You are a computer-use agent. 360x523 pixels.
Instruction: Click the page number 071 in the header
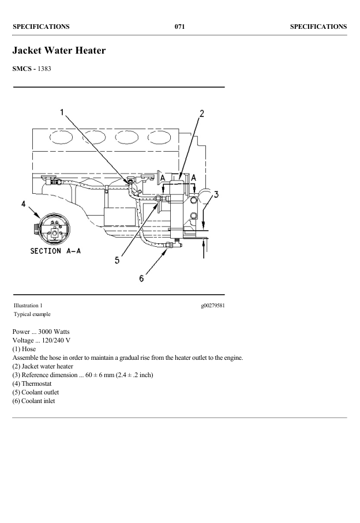[179, 26]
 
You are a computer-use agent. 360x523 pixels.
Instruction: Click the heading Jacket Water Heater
[59, 51]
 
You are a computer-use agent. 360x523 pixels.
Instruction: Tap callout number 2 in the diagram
[201, 113]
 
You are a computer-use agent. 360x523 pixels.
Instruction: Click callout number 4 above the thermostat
[24, 204]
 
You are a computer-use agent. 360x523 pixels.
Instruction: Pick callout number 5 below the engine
[117, 260]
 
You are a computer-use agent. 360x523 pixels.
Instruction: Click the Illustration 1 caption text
[28, 305]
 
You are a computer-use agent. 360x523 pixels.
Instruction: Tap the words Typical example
[32, 314]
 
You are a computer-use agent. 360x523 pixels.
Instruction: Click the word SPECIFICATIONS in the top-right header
[318, 26]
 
